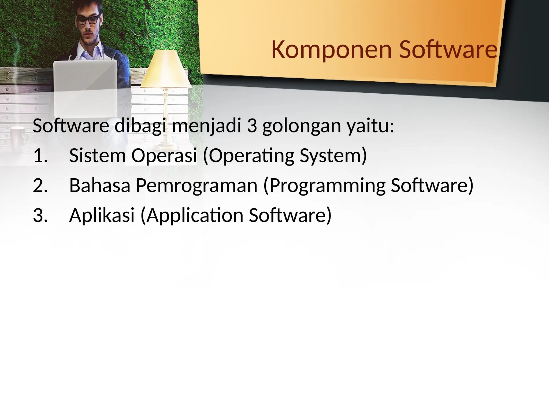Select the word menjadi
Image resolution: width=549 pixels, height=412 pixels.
pos(207,126)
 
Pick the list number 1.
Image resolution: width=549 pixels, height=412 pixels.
pos(40,156)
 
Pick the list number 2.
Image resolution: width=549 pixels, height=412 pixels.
pos(40,186)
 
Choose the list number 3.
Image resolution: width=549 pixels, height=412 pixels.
pos(40,215)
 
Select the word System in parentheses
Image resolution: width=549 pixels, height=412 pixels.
pos(333,156)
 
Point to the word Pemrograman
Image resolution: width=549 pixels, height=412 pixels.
pos(197,186)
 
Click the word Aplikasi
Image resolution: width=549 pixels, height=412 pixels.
pos(102,215)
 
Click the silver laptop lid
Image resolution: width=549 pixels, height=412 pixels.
pos(85,89)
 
